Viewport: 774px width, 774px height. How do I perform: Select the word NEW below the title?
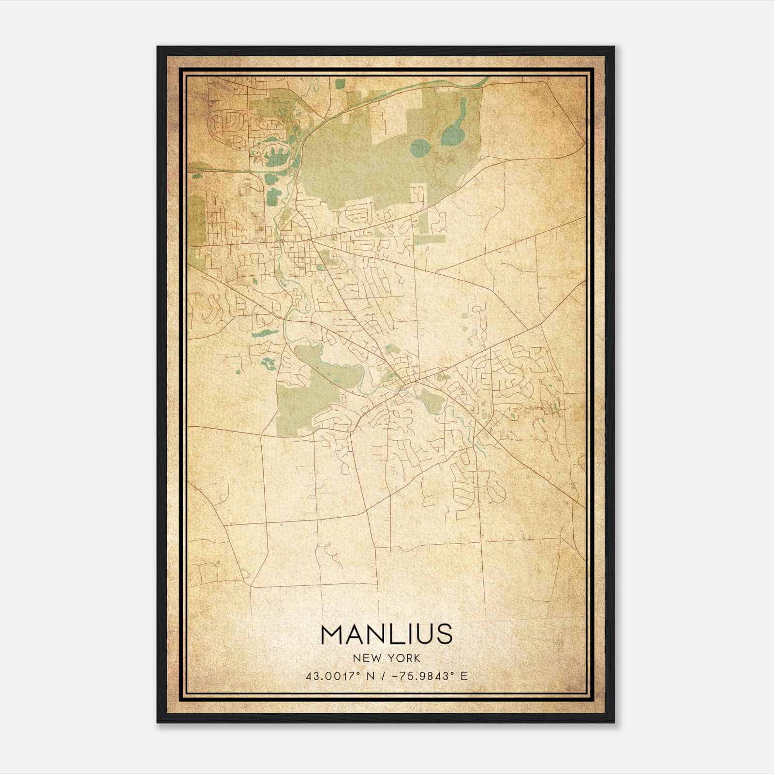pyautogui.click(x=365, y=658)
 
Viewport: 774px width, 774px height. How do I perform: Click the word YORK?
pyautogui.click(x=402, y=658)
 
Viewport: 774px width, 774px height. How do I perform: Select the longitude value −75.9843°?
pyautogui.click(x=424, y=676)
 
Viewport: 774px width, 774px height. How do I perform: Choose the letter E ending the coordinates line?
pyautogui.click(x=464, y=676)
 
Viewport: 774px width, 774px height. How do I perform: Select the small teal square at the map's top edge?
pyautogui.click(x=340, y=83)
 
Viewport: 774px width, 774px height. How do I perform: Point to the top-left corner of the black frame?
pyautogui.click(x=157, y=47)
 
